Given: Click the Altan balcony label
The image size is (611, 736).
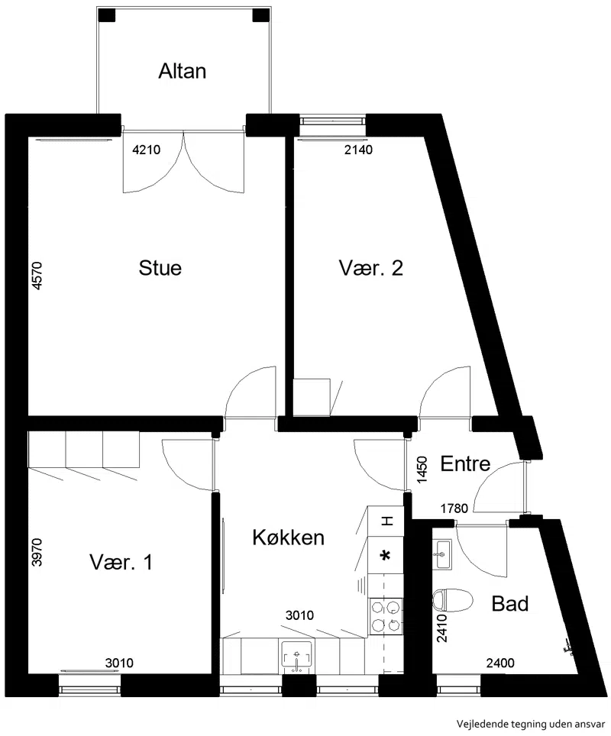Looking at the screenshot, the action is pos(183,71).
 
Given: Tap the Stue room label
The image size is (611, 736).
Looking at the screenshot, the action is pos(160,267).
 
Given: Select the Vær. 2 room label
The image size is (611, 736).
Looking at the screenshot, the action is pos(371,267).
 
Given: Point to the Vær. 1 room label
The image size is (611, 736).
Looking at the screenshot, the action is pos(121,561).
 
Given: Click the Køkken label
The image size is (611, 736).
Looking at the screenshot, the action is pos(289,537).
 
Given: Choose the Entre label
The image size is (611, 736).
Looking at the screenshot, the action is pos(465,463).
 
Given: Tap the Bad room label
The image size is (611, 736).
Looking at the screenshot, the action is pos(510,603).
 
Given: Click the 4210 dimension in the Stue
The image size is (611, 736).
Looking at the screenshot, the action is pos(147,150).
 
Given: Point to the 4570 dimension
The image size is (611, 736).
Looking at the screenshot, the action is pos(37,276).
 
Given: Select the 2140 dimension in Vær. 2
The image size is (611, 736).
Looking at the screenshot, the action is pos(358,150).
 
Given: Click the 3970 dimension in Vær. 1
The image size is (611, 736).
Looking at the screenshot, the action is pos(37,553).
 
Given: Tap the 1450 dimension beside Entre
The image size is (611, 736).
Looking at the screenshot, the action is pos(422,470).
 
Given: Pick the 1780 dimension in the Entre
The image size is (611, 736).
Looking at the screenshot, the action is pos(454,508).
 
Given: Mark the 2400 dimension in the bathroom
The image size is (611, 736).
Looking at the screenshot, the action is pos(500,663).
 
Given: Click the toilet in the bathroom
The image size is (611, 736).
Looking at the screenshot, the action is pos(452,600).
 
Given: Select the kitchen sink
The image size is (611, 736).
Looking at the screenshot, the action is pos(297,654).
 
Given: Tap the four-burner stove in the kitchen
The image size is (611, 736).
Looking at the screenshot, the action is pos(386,615).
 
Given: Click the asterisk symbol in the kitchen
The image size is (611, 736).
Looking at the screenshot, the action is pos(386,556).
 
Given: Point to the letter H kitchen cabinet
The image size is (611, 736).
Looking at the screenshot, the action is pos(386,521).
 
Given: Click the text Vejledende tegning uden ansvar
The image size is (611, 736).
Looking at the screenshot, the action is pos(531,723).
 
